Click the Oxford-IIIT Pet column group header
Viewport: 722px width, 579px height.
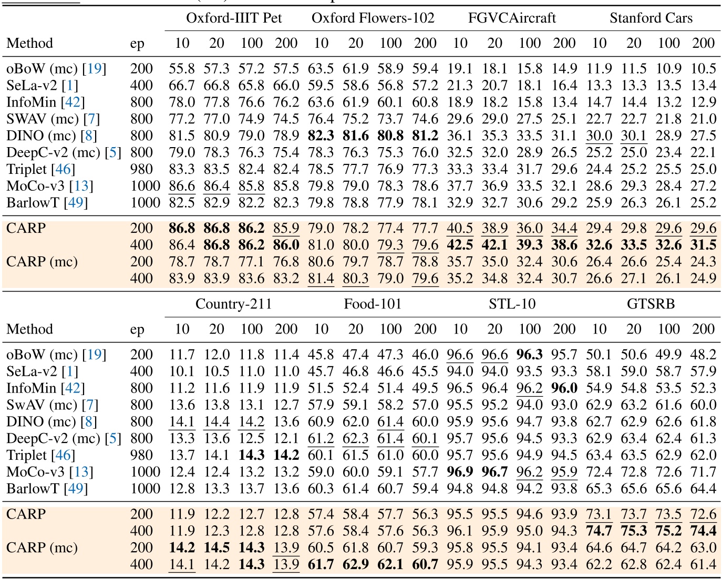[x=234, y=18]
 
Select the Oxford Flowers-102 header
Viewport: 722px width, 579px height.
[x=373, y=18]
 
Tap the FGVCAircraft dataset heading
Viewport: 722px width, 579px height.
[x=512, y=18]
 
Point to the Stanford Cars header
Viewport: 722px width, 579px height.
[x=651, y=18]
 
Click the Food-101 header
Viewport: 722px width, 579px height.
[x=373, y=304]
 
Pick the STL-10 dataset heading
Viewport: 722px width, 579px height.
[x=512, y=304]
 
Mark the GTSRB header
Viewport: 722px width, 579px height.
[x=651, y=304]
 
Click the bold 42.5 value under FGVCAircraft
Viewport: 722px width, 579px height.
[x=460, y=245]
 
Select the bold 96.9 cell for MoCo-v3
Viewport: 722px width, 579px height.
[x=460, y=472]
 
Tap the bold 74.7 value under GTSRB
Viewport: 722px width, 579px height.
[x=599, y=531]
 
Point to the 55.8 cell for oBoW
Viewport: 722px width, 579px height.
[x=182, y=69]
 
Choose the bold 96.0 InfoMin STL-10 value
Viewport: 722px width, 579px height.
[x=564, y=388]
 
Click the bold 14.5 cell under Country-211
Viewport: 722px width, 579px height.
[x=216, y=547]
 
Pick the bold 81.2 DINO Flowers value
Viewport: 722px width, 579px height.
[x=425, y=136]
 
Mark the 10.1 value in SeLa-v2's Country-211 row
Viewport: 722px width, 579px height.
[x=182, y=371]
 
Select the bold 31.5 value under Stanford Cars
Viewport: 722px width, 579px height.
[x=703, y=245]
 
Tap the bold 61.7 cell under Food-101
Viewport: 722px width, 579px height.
[x=321, y=564]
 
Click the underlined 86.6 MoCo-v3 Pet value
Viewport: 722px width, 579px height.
[x=182, y=186]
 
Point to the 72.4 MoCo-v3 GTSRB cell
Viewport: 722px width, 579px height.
[x=599, y=472]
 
